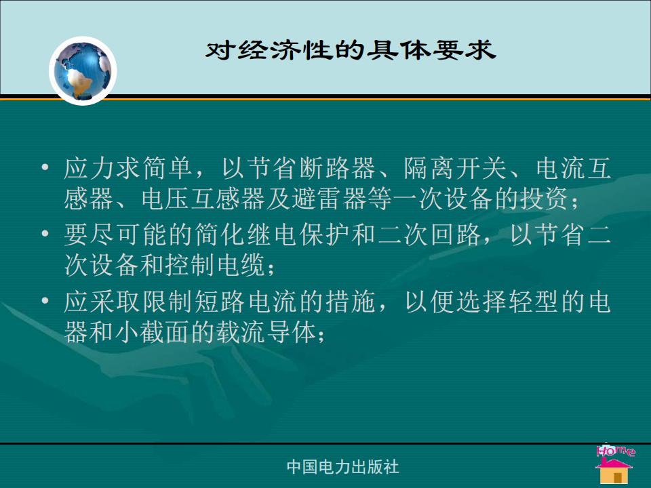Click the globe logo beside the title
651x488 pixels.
coord(83,71)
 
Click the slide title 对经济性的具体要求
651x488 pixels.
coord(351,50)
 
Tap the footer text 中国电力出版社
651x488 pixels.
coord(343,467)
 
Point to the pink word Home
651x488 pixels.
coord(615,450)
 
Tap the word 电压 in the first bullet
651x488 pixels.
coord(165,199)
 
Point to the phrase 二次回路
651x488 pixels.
coord(429,235)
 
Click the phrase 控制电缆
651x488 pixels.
coord(215,265)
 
